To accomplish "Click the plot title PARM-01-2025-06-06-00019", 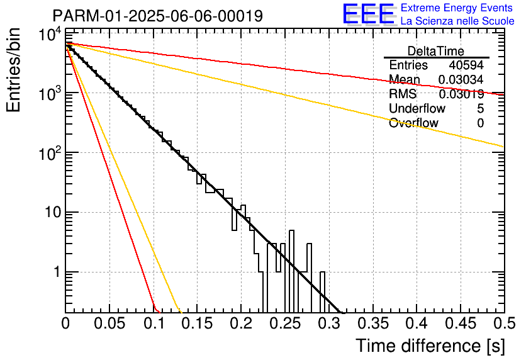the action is tap(158, 16).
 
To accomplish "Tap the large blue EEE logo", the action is tap(368, 14).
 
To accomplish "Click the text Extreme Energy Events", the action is tap(457, 8).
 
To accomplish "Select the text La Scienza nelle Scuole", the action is tap(457, 21).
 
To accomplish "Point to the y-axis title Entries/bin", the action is tap(13, 70).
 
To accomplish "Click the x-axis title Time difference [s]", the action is tap(430, 346).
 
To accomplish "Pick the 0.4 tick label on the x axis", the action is tap(417, 323).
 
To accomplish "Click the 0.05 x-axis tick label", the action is tap(109, 323).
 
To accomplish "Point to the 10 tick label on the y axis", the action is tap(53, 212).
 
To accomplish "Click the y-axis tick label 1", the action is tap(57, 272).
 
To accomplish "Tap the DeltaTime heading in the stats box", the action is tap(436, 51).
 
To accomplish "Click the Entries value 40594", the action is tap(466, 65).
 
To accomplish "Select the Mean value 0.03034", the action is tap(461, 79).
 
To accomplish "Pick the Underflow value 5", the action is tap(480, 108).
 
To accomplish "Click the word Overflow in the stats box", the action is tap(413, 123).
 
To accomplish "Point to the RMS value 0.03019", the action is tap(461, 94).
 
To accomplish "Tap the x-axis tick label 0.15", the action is tap(198, 323).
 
